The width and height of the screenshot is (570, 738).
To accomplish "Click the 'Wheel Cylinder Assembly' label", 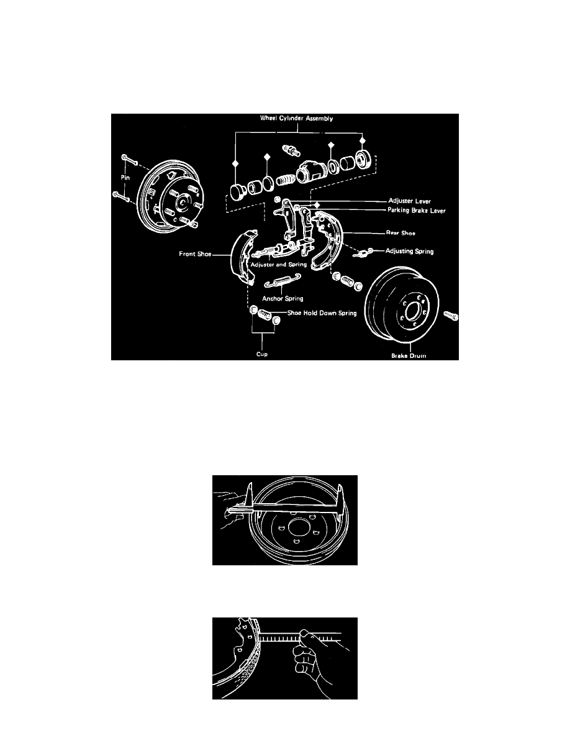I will click(297, 119).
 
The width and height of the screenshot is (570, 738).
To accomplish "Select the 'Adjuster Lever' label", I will click(406, 202).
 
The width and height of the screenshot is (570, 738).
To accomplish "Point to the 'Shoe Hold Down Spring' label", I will click(322, 313).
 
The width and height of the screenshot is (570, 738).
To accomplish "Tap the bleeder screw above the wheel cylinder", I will click(290, 150).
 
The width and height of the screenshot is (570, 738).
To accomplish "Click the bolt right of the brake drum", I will click(451, 316).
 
